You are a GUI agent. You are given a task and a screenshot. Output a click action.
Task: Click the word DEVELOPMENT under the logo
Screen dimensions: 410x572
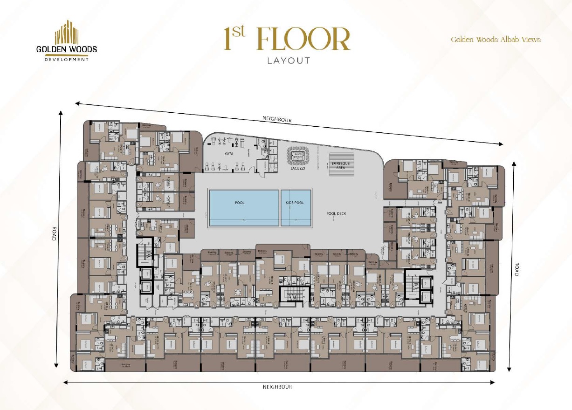tap(67, 60)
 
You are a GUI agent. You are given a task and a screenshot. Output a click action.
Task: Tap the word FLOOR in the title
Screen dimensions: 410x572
tap(303, 40)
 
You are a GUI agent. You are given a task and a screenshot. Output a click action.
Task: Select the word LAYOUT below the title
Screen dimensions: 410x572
tap(289, 61)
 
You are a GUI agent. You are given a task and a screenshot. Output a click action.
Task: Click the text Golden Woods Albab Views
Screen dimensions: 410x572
tap(496, 40)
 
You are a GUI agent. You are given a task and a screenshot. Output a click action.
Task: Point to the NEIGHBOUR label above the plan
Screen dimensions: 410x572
tap(277, 120)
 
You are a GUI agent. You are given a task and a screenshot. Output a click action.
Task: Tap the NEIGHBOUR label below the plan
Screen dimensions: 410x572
tap(277, 387)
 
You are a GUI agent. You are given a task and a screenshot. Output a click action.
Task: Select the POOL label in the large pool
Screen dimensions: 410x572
tap(239, 203)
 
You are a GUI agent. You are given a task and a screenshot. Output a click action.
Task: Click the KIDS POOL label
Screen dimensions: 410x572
tap(295, 203)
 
